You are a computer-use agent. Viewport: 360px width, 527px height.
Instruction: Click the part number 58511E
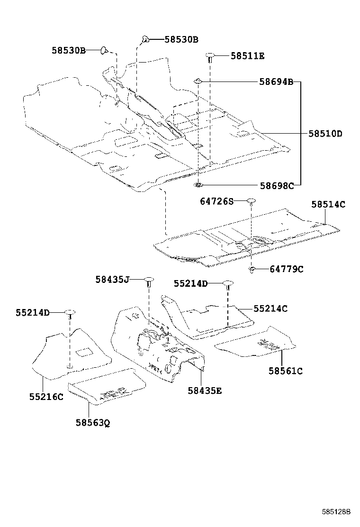click(x=247, y=56)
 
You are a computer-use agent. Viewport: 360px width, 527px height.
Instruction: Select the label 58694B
click(x=276, y=82)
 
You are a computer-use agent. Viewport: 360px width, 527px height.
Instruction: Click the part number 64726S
click(x=216, y=202)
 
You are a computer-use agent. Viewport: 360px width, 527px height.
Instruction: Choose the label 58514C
click(x=328, y=205)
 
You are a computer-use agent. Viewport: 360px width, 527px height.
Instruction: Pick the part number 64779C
click(x=287, y=269)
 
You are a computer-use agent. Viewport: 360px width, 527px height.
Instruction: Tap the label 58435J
click(x=112, y=280)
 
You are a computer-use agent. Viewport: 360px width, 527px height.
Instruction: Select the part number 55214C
click(x=270, y=309)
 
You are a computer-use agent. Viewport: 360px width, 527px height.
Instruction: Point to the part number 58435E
click(x=205, y=391)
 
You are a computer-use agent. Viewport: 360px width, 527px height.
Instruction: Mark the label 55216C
click(x=45, y=397)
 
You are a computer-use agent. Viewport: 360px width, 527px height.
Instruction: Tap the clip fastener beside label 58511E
click(x=209, y=57)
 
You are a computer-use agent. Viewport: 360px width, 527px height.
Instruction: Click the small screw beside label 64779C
click(x=252, y=270)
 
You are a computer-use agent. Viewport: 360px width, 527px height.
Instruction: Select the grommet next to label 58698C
click(x=198, y=184)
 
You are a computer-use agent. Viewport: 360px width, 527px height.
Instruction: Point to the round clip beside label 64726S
click(x=251, y=201)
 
